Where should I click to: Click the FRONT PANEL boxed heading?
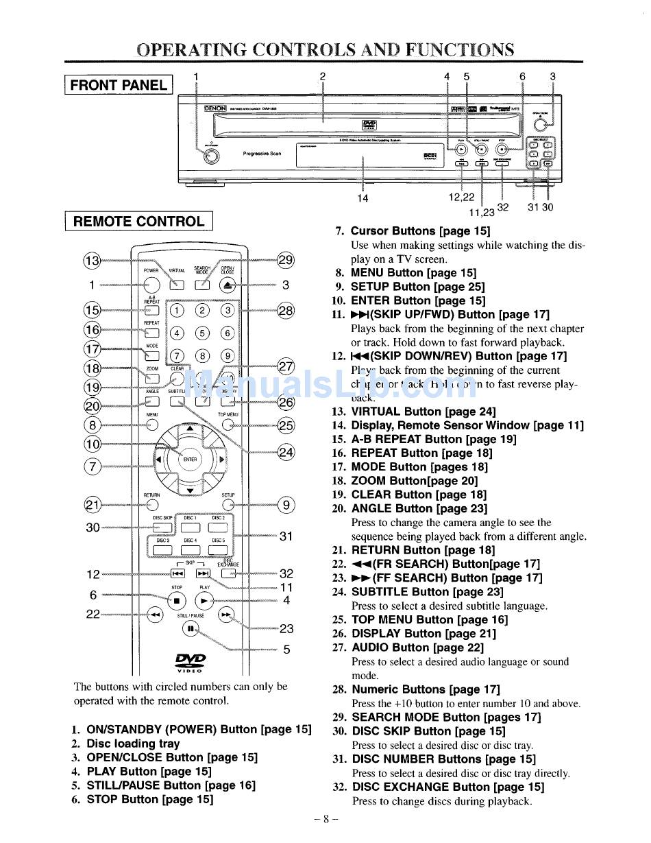(x=119, y=85)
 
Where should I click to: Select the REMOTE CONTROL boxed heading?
(x=138, y=222)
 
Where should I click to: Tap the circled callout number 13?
(x=91, y=261)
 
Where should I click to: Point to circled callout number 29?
(x=286, y=260)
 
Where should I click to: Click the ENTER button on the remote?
(x=190, y=459)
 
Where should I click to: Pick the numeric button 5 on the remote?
(x=202, y=333)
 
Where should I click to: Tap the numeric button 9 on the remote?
(x=228, y=355)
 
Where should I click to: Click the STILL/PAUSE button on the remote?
(x=190, y=628)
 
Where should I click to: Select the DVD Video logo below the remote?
(x=190, y=661)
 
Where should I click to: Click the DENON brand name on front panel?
(x=215, y=108)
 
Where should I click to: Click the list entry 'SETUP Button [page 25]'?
(x=417, y=287)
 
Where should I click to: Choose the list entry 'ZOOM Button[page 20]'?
(x=415, y=481)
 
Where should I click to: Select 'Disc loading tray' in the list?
(x=133, y=744)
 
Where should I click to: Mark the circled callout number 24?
(x=286, y=452)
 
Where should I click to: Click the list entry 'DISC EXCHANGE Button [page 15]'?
(x=447, y=787)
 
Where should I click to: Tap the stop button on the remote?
(x=177, y=600)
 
